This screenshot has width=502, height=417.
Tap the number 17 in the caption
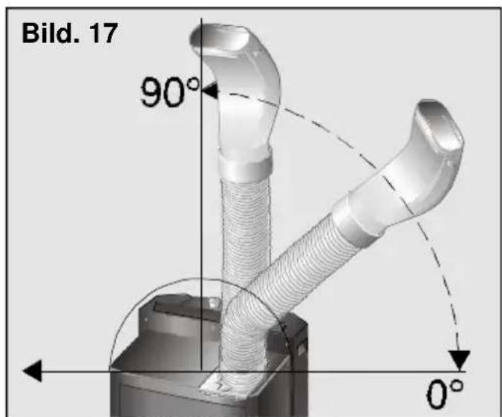(x=103, y=33)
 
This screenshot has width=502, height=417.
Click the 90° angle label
(x=170, y=92)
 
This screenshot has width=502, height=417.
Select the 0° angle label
(x=445, y=394)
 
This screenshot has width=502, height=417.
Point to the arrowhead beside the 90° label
(x=210, y=91)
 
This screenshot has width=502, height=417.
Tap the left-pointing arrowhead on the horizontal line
(x=33, y=371)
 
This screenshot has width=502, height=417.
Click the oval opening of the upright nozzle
(x=221, y=39)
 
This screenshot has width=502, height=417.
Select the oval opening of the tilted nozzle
(x=440, y=125)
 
